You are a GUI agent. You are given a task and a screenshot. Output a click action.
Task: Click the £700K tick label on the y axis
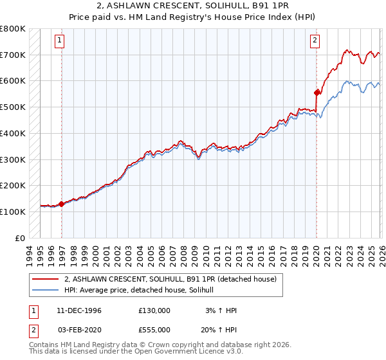[x=13, y=55]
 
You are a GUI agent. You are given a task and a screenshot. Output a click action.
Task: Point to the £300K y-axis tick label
[x=13, y=159]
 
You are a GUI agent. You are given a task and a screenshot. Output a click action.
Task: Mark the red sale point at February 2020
[x=317, y=93]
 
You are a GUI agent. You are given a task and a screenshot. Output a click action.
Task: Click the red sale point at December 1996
[x=62, y=204]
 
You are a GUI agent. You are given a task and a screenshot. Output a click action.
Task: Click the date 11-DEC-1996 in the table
[x=79, y=310]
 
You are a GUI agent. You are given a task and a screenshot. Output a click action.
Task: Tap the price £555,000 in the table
[x=154, y=329]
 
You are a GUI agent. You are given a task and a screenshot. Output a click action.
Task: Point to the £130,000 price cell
[x=154, y=310]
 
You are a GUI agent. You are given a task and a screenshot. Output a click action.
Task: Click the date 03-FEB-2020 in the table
[x=79, y=329]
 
